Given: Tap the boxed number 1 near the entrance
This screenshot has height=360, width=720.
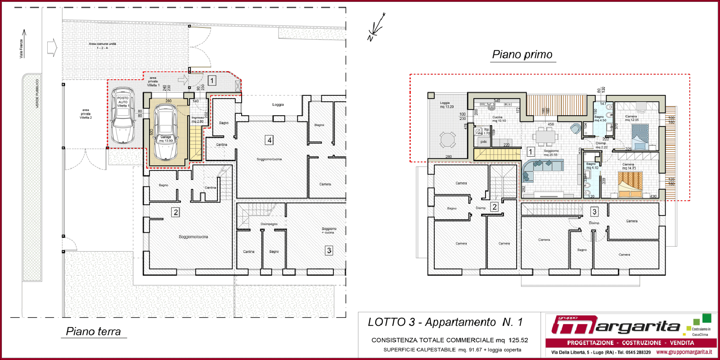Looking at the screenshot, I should tap(212, 81).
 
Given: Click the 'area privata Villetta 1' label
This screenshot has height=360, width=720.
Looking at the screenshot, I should tap(153, 81).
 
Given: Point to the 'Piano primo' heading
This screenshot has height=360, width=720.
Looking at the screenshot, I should tap(522, 54).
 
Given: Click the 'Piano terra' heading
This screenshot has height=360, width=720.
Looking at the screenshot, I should tap(94, 332).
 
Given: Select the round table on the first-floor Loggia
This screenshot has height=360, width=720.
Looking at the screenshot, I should tap(447, 140).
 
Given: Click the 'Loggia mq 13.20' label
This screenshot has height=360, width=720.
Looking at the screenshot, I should tap(446, 105).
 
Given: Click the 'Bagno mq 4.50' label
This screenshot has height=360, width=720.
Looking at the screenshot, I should tap(600, 118).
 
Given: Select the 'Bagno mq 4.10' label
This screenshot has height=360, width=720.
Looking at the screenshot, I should tap(592, 166).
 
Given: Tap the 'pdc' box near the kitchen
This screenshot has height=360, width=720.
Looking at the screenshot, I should tap(483, 142).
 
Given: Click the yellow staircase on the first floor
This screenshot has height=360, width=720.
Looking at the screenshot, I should tap(496, 154).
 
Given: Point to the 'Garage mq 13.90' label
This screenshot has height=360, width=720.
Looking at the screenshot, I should tap(166, 139).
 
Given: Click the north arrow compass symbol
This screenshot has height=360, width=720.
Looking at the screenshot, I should tap(376, 28).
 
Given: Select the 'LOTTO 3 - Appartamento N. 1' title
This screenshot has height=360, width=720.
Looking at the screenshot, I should tap(445, 322).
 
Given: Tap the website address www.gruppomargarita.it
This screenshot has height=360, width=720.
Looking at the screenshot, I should tap(684, 352).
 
